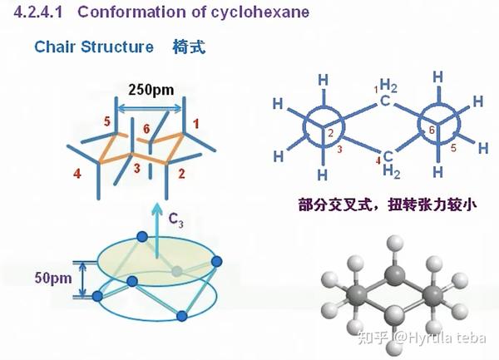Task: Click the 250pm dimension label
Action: coord(151,89)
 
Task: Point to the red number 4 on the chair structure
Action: coord(77,175)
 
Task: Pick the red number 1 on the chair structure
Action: coord(196,123)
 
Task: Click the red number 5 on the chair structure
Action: coord(107,122)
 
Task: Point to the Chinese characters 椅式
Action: coord(189,46)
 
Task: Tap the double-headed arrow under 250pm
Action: coord(151,106)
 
